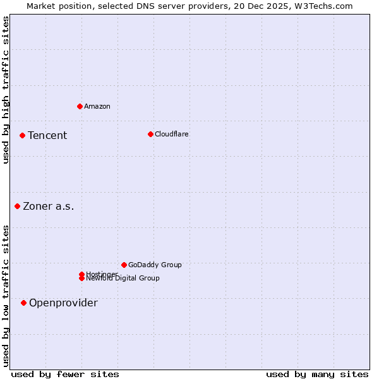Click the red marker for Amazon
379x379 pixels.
[80, 106]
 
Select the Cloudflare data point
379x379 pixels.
[150, 134]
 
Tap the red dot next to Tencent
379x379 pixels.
[22, 135]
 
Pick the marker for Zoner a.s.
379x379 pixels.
[17, 206]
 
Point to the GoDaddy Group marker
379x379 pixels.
[124, 265]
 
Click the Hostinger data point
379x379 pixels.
[81, 274]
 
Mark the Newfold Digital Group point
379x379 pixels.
[81, 279]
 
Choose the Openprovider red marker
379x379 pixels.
[23, 303]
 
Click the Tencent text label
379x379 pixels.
[47, 135]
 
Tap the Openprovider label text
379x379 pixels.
[63, 303]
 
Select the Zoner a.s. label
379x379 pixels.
[49, 206]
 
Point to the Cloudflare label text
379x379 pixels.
[172, 134]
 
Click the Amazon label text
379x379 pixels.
[97, 106]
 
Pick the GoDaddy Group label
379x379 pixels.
[155, 265]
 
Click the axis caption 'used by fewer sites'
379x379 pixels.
[65, 374]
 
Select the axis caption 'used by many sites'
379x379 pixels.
[317, 374]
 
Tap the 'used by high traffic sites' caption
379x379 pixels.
[6, 90]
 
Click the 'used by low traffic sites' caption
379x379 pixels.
[6, 296]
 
